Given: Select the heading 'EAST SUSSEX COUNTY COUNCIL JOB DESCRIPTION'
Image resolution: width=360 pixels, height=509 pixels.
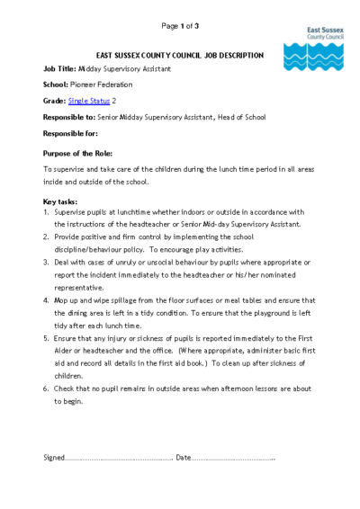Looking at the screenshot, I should point(180,55).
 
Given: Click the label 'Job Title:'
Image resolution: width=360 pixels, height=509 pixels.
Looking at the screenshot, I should point(59,70).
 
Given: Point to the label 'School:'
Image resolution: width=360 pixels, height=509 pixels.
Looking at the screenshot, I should point(56,85).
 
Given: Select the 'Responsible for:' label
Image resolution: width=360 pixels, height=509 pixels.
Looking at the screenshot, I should point(70,133).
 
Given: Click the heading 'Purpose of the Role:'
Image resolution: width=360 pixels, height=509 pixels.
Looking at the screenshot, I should point(77,153).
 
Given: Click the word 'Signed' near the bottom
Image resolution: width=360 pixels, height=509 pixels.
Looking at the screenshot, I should point(54,458).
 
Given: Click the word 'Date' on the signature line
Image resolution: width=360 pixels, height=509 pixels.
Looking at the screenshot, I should point(184,458).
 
